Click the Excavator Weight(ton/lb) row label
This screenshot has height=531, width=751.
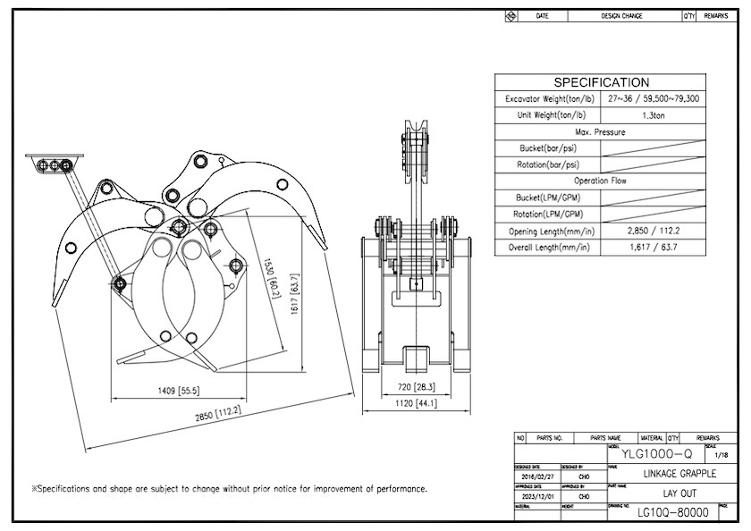[x=548, y=99]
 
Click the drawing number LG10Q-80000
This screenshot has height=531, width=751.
[x=672, y=512]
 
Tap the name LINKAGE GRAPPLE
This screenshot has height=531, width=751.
[x=679, y=473]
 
